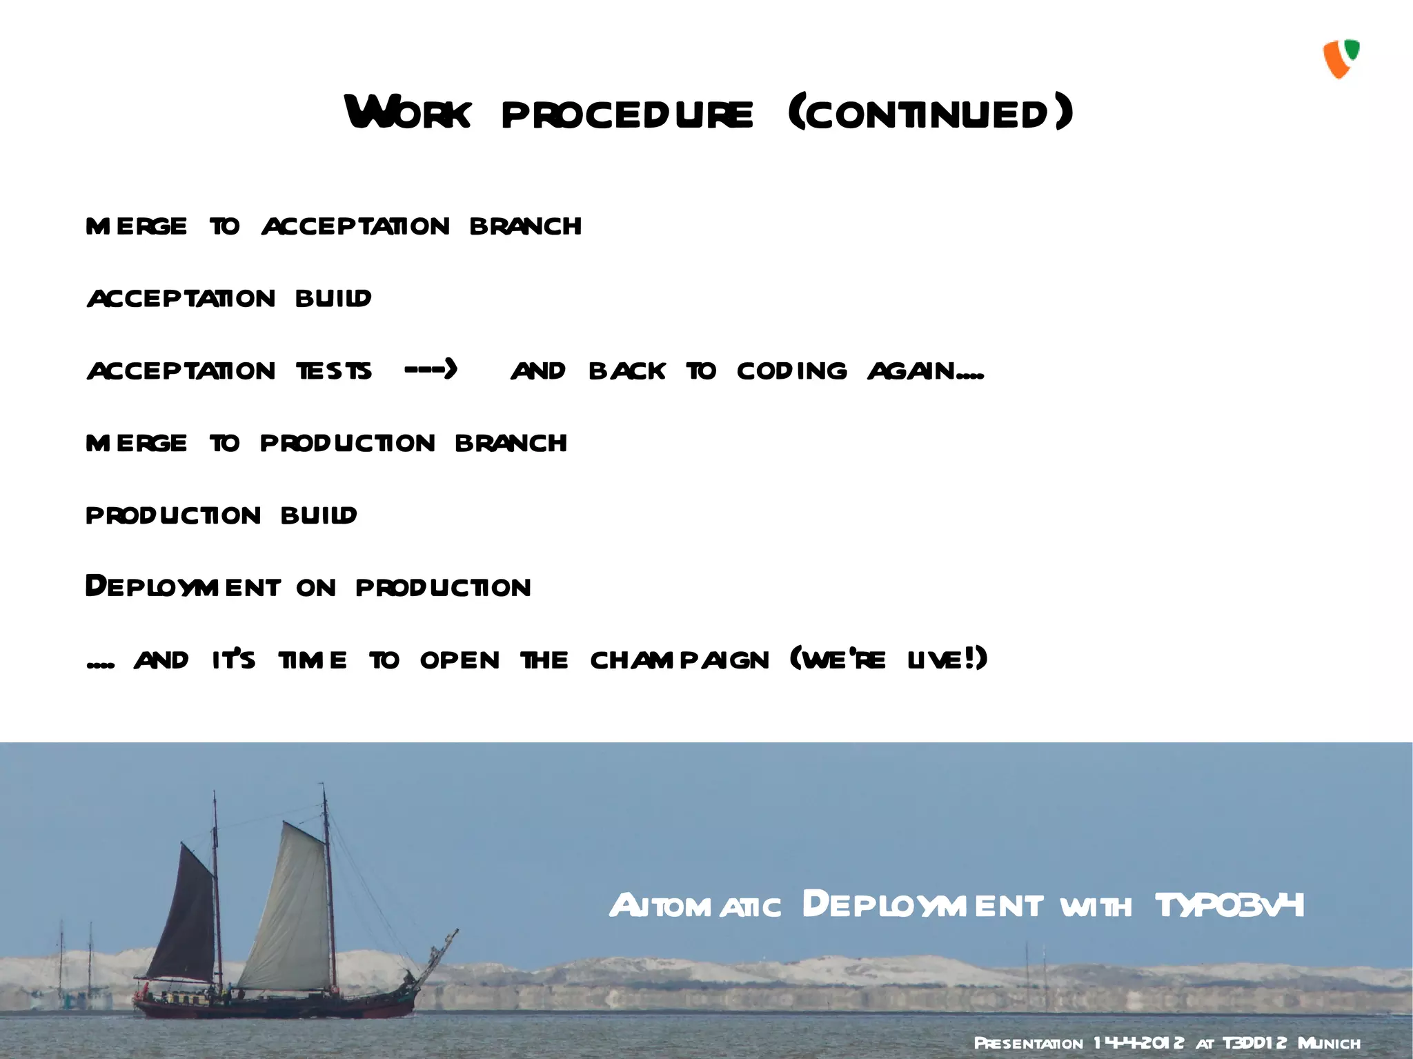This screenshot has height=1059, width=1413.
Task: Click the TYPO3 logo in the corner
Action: click(x=1341, y=59)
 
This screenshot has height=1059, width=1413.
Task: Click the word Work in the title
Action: click(x=408, y=112)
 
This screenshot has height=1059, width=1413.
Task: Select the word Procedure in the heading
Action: click(x=627, y=115)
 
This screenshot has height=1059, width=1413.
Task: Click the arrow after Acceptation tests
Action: click(x=431, y=370)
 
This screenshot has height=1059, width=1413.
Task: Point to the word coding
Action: click(x=791, y=371)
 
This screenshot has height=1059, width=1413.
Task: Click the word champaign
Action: click(x=680, y=660)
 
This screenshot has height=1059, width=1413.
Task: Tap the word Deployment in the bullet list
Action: click(x=183, y=586)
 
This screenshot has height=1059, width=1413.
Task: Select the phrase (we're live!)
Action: click(x=889, y=659)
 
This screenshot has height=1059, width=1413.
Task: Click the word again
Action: click(x=925, y=371)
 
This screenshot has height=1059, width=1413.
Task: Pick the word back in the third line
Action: click(x=626, y=371)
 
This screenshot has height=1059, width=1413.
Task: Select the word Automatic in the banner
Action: click(x=695, y=906)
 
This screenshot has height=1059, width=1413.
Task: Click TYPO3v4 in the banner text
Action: click(x=1229, y=905)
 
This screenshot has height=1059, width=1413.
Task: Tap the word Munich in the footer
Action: click(x=1329, y=1043)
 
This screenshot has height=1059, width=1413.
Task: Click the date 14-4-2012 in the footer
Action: click(x=1138, y=1042)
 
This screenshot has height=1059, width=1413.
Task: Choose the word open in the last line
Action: click(x=460, y=660)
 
